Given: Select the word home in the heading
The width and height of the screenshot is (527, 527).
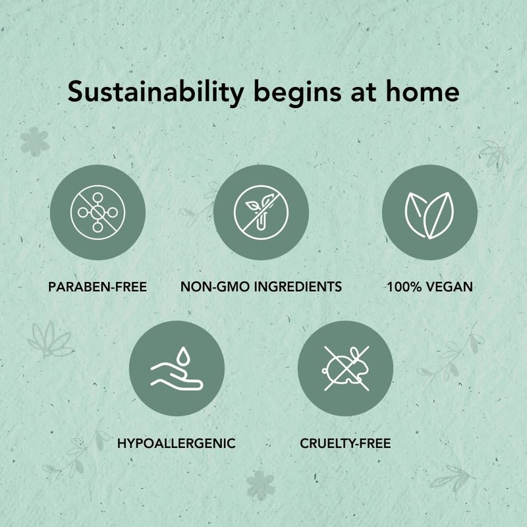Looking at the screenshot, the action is [x=422, y=91].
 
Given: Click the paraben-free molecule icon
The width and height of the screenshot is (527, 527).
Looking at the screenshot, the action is [x=97, y=212].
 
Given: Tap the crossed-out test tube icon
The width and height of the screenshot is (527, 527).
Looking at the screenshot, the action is [x=261, y=212].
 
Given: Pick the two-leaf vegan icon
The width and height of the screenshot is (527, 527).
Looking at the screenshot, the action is [x=430, y=215].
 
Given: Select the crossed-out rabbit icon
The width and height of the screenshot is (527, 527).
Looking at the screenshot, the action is [x=346, y=369].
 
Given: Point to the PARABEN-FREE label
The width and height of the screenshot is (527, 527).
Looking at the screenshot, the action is [x=97, y=287].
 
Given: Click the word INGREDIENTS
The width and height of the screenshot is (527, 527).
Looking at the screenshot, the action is [x=298, y=287].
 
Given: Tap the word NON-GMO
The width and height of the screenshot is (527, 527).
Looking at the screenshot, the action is [x=215, y=287].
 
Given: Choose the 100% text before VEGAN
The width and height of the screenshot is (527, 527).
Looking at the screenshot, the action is [x=404, y=287].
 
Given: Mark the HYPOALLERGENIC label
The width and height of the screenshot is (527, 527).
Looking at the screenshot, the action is [x=177, y=443].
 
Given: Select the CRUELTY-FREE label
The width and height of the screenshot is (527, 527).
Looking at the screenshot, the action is [x=345, y=443].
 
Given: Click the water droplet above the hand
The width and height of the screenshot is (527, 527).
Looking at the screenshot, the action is [x=183, y=356].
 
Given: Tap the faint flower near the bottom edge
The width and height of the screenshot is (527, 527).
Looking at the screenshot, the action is [x=260, y=485].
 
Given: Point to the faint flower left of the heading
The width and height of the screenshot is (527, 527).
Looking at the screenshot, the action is [x=35, y=142].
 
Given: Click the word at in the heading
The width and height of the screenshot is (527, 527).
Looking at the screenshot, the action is [x=364, y=94].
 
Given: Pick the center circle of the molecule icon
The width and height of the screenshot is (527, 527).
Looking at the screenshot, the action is [x=97, y=212].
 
